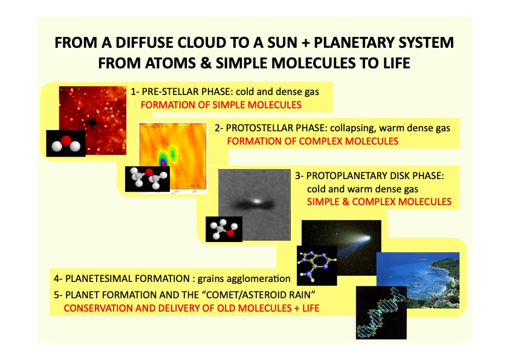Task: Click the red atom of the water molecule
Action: tap(66, 141)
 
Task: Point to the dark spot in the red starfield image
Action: tap(92, 122)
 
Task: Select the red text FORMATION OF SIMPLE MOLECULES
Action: tap(221, 105)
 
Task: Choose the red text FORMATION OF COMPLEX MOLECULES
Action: tap(313, 142)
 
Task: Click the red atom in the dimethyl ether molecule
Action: tap(149, 172)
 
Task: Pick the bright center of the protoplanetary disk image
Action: tap(257, 201)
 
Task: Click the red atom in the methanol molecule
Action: tap(230, 232)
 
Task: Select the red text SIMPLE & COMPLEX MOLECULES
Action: tap(379, 201)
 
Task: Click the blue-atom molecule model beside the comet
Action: tap(317, 266)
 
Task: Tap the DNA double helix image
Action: tap(381, 313)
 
